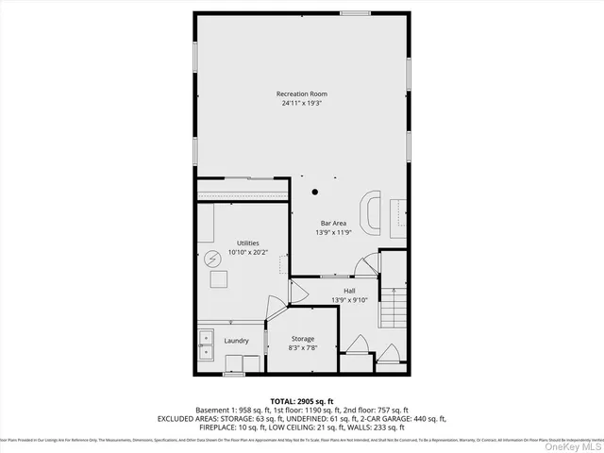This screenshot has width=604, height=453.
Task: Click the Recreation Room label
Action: click(302, 93)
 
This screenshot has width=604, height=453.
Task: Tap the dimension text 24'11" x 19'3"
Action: click(302, 104)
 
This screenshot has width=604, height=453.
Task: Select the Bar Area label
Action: click(331, 223)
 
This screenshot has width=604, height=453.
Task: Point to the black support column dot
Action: click(315, 194)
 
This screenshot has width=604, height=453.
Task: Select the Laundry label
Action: click(236, 341)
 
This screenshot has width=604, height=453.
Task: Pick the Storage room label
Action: click(302, 339)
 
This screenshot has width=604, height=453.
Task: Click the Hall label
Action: click(349, 291)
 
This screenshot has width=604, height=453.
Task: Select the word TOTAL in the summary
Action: click(286, 401)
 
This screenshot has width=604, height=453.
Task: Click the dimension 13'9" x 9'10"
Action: click(349, 301)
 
